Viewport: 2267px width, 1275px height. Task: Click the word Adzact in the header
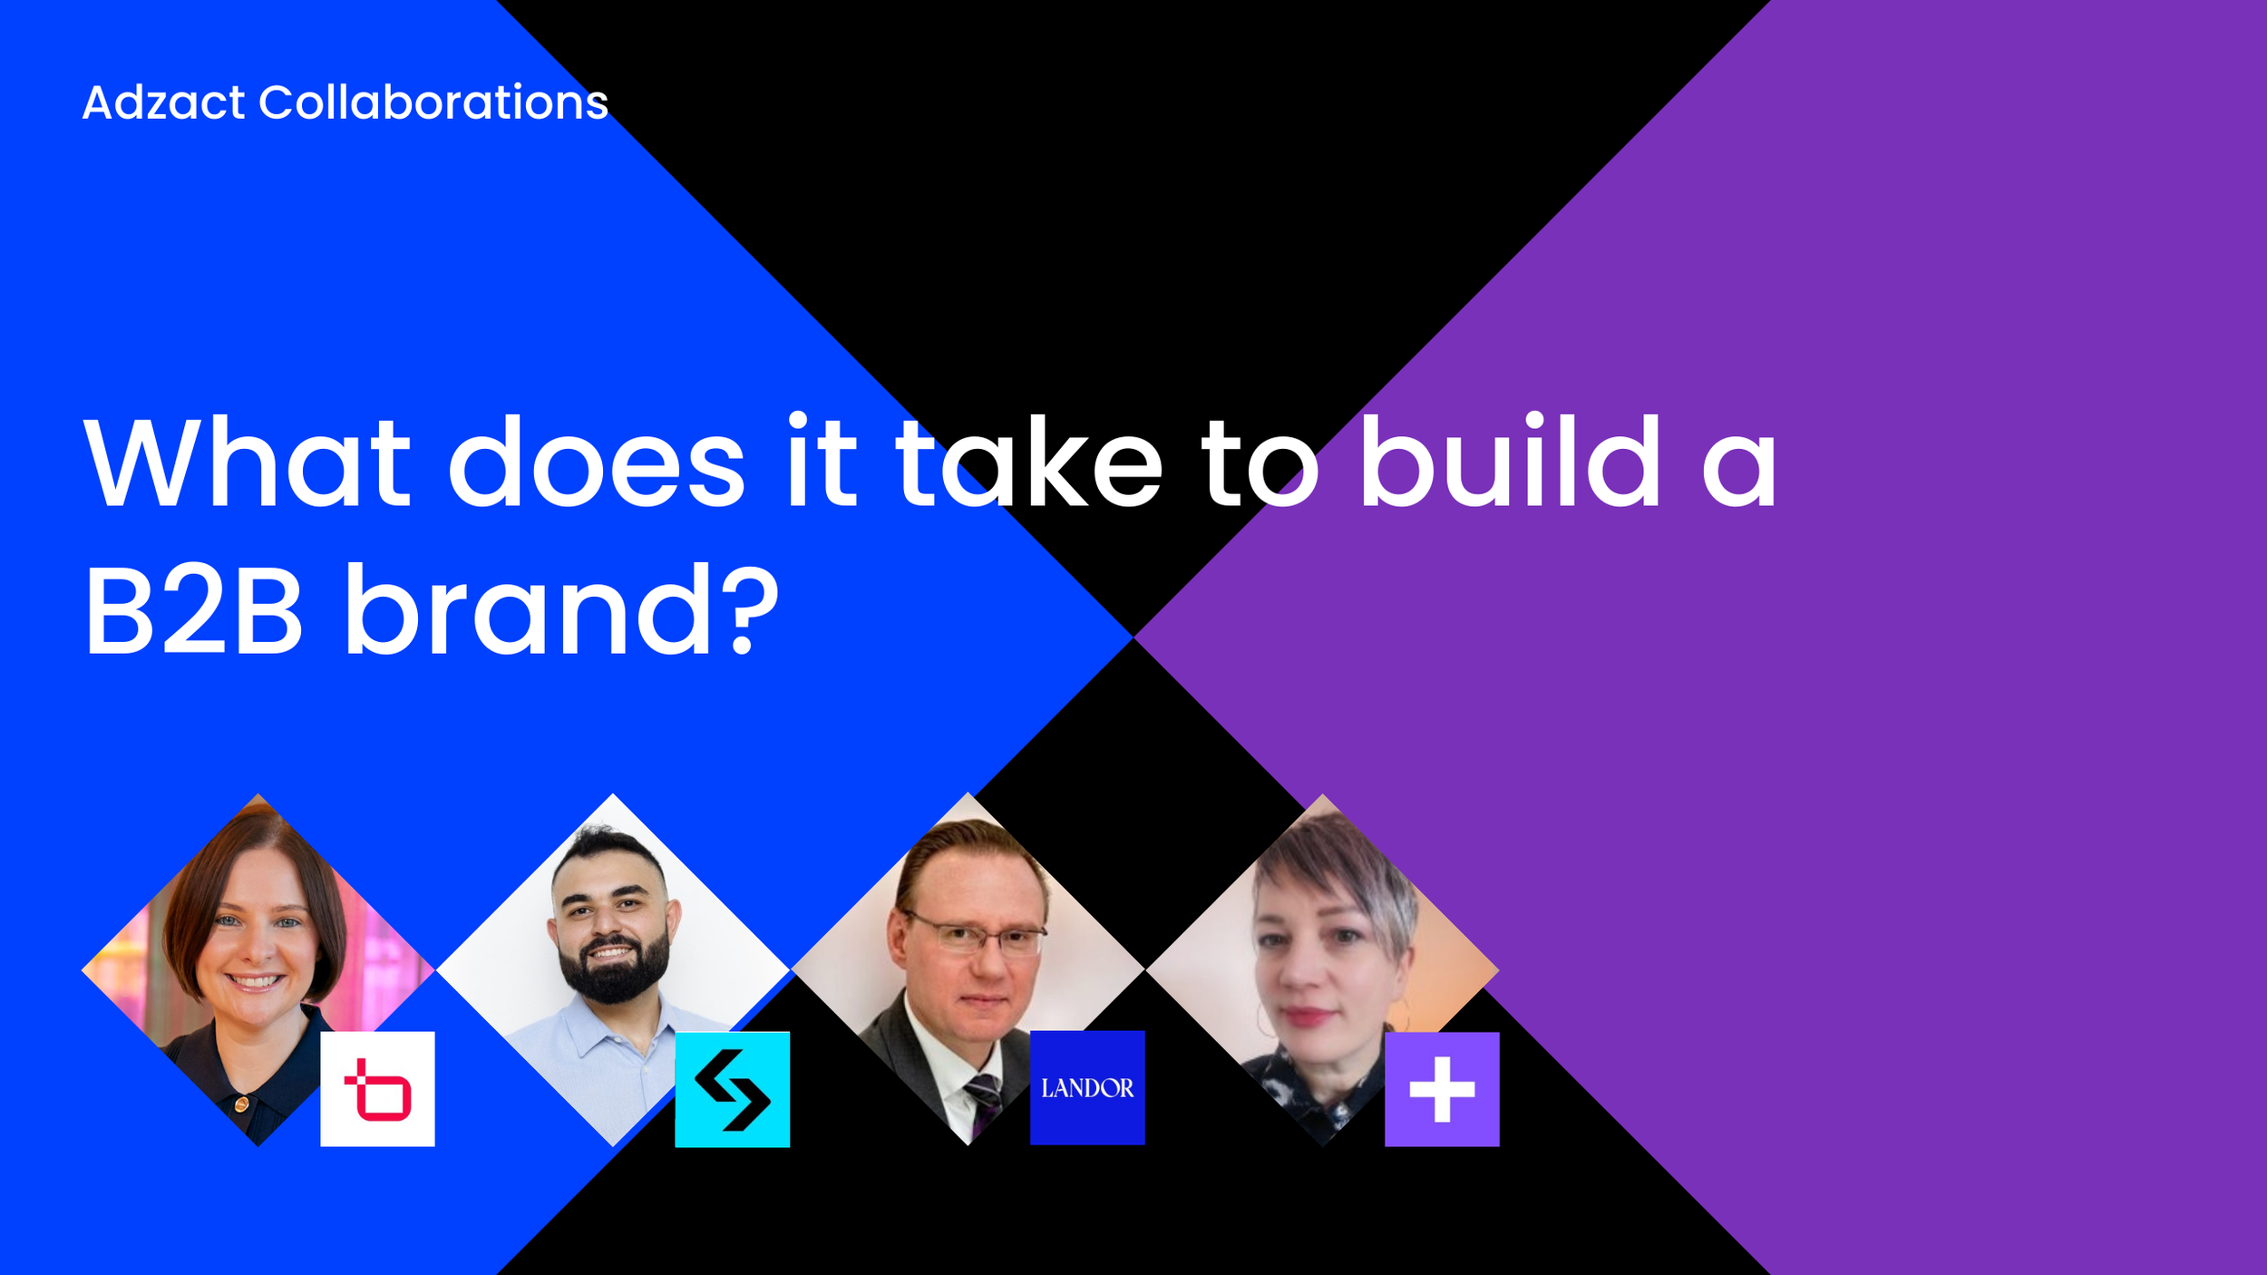click(163, 102)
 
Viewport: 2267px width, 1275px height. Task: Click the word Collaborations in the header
click(433, 102)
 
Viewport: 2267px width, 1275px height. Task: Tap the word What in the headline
click(248, 462)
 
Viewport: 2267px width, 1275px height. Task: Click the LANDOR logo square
click(1087, 1088)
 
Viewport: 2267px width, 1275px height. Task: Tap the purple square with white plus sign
click(1442, 1089)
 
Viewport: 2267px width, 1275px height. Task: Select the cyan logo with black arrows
click(732, 1089)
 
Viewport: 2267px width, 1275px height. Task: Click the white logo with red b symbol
click(377, 1089)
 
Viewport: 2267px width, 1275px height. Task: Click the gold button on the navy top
click(241, 1104)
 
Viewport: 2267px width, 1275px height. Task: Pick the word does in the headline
click(597, 462)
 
